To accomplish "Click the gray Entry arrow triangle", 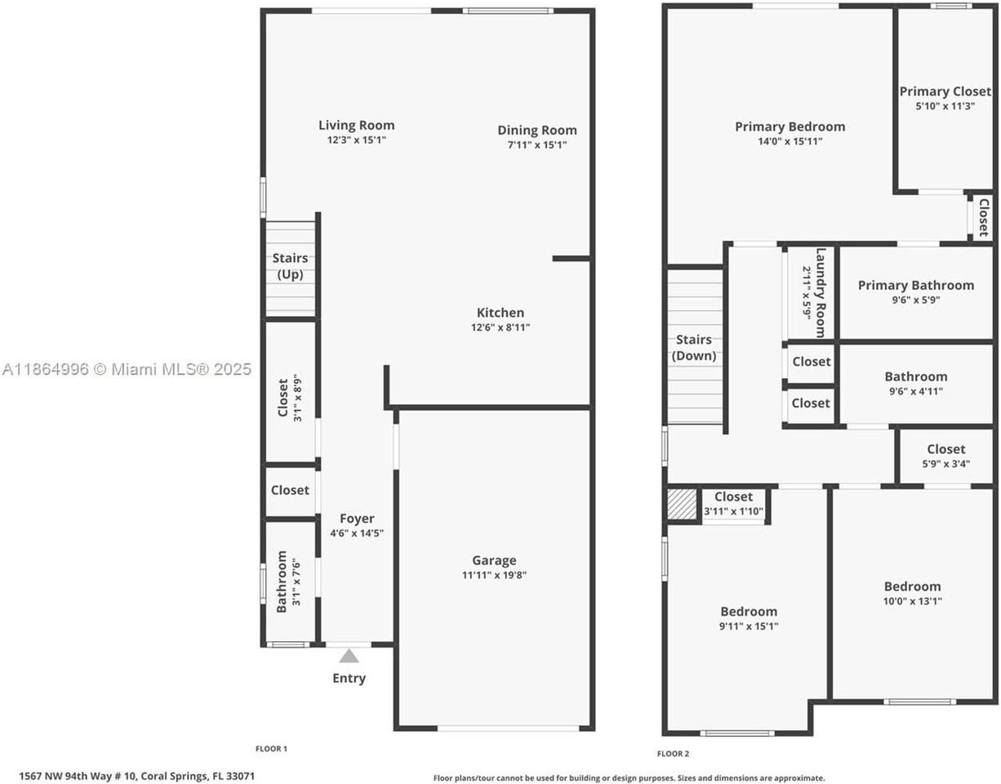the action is click(x=349, y=656).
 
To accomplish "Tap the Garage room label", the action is click(x=494, y=560).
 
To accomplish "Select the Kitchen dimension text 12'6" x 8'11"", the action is click(x=500, y=327).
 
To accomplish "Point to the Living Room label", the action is click(x=357, y=125).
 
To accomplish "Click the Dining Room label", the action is click(x=537, y=131).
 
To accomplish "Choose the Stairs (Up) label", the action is click(x=290, y=266).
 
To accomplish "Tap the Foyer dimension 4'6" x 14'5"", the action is click(x=357, y=533).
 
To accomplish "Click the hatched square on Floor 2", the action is click(x=683, y=505).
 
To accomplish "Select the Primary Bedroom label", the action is click(x=790, y=127).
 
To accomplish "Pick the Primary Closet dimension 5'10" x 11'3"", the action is click(x=945, y=106).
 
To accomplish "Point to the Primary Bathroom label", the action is click(x=916, y=285).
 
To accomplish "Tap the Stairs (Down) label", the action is click(x=694, y=348).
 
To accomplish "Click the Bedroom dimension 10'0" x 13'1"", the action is click(x=912, y=601).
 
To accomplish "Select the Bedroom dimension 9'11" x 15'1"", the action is click(x=749, y=626).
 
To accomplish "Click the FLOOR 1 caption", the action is click(x=271, y=749).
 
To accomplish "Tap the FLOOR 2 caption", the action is click(x=673, y=754).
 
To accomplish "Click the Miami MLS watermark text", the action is click(x=127, y=369).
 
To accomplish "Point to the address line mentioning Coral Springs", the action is click(x=137, y=776).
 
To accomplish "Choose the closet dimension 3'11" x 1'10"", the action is click(x=733, y=511).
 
